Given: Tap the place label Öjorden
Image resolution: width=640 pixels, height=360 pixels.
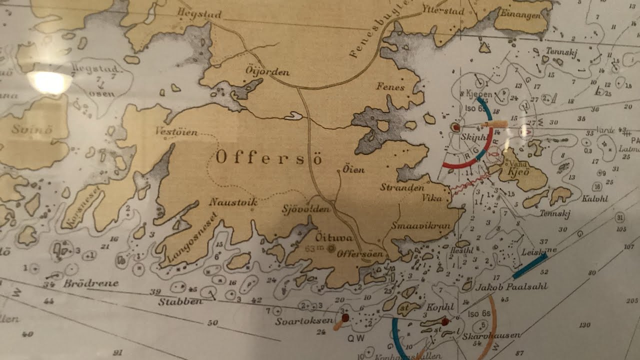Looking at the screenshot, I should coord(268,71).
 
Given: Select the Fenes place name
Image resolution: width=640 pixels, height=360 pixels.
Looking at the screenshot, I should coord(390,87).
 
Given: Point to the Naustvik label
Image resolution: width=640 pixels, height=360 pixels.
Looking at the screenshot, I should coord(233,202).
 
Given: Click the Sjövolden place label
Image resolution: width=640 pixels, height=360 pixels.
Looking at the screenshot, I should coord(306,208).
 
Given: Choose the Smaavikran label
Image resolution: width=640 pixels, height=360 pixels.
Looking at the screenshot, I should coord(421,225).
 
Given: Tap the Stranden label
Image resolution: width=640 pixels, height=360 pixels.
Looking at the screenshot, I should coord(402,187).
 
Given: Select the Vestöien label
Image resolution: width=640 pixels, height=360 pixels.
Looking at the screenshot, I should coord(176,133).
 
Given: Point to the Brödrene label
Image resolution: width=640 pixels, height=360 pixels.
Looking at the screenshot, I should coord(91,283).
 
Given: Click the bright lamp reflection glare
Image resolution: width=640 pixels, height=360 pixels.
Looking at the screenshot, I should coord(48,82).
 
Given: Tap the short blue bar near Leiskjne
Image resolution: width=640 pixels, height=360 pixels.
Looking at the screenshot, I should coord(529,265).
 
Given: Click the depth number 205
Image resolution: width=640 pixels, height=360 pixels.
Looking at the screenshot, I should coord(632,300).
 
